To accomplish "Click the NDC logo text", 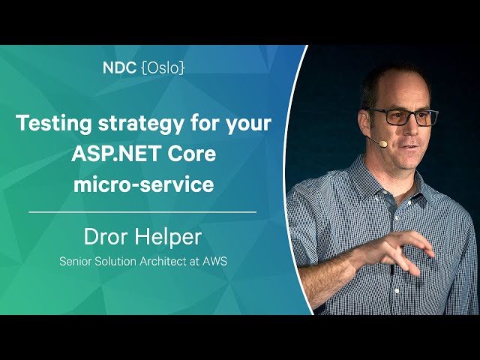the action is point(119,67).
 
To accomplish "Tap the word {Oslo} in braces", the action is point(163,67).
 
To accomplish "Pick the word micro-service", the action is point(143,184).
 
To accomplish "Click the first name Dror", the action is point(106,237).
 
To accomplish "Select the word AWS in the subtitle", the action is point(215,261).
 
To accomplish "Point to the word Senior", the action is point(76,261).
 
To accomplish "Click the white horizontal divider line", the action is point(142,211).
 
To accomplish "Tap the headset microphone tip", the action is point(382,143).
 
